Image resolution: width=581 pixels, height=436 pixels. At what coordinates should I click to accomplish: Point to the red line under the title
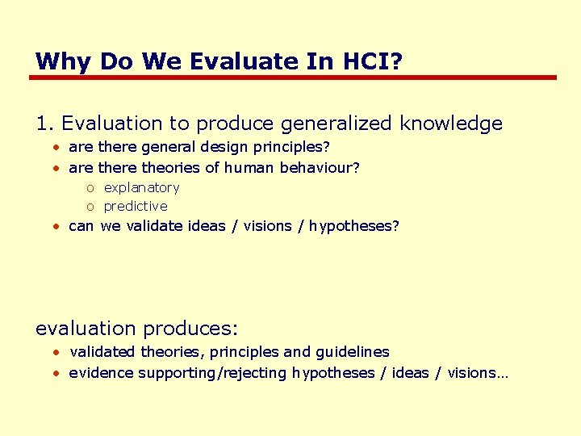pyautogui.click(x=292, y=78)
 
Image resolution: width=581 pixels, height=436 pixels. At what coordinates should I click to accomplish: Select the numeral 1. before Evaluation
pyautogui.click(x=45, y=124)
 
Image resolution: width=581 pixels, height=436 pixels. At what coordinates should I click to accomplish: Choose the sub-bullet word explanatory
pyautogui.click(x=142, y=187)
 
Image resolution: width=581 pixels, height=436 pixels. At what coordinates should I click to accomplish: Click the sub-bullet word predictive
pyautogui.click(x=136, y=206)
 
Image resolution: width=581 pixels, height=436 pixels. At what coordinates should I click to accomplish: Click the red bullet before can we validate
pyautogui.click(x=57, y=227)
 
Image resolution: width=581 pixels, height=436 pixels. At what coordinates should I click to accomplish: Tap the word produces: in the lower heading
pyautogui.click(x=190, y=329)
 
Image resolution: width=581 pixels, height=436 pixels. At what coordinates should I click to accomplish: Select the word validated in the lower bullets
pyautogui.click(x=103, y=352)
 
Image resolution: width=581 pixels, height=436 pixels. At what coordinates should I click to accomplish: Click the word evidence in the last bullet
pyautogui.click(x=101, y=373)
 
